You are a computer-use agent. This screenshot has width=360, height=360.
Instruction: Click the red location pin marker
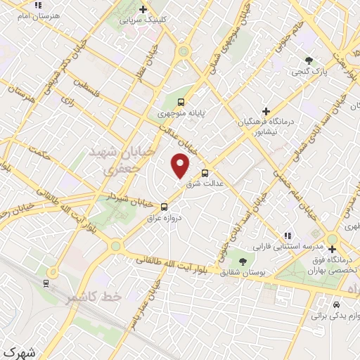coord(181,165)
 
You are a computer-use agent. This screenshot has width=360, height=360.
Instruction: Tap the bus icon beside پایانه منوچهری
coord(182,101)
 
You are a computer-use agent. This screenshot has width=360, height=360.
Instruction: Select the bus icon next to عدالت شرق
coord(205,173)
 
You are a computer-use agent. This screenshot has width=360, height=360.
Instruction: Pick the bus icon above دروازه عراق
coord(164,207)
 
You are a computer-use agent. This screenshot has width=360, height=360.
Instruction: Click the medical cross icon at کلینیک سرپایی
coord(143,10)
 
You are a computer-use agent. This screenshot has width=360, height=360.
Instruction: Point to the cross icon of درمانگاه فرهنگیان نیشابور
coord(265,111)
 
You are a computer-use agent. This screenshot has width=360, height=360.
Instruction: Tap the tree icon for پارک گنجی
coord(307,60)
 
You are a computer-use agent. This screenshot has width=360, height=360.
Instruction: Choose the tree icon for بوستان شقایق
coord(243,261)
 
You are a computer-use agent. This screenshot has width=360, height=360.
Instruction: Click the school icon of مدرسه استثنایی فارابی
coord(287,236)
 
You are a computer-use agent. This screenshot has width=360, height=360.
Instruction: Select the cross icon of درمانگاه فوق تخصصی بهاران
coord(331,249)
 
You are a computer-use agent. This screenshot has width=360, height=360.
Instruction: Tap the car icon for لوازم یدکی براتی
coord(337,306)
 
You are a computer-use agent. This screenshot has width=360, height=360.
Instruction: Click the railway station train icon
coord(46,283)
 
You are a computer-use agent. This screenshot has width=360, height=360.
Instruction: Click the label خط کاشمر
coord(94,297)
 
